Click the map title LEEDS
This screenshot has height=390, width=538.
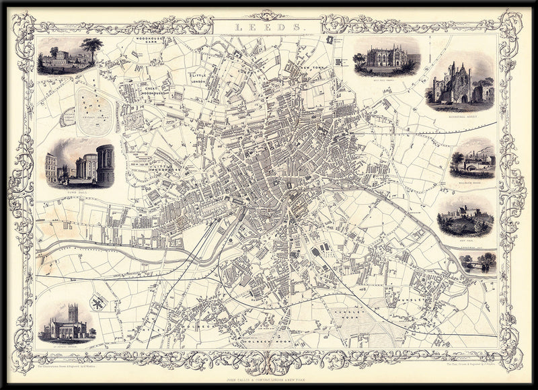(268, 28)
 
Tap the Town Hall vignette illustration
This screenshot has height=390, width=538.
(79, 163)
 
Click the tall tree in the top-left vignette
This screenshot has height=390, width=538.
(93, 48)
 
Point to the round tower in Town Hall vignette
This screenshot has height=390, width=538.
(105, 163)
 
